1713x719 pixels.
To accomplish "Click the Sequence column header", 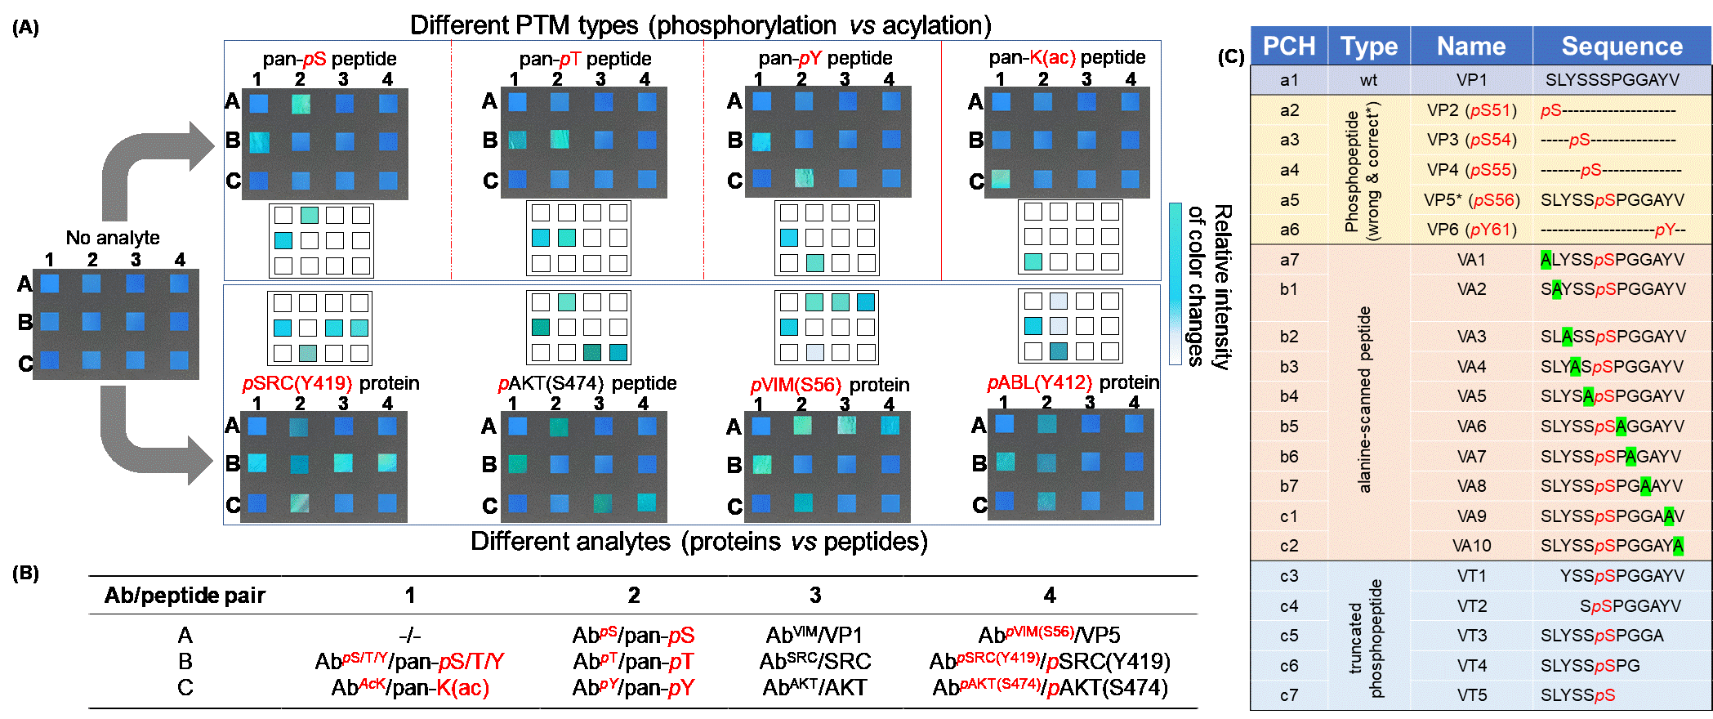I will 1622,46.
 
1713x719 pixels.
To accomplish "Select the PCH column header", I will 1288,46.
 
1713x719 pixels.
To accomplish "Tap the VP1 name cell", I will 1471,80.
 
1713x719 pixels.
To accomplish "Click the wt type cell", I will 1368,80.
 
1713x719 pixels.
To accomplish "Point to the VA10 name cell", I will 1471,546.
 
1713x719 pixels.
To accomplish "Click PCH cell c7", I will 1288,695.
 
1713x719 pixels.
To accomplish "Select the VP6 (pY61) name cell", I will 1471,230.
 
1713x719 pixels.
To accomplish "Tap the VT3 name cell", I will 1471,636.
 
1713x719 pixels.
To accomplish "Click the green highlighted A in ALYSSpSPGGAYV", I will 1546,260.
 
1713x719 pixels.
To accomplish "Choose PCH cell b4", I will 1288,396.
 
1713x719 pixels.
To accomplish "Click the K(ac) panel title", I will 1052,57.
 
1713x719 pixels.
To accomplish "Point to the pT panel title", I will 569,59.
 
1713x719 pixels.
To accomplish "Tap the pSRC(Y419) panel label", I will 297,383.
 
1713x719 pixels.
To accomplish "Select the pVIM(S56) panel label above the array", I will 795,385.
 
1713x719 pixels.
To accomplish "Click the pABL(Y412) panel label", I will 1039,382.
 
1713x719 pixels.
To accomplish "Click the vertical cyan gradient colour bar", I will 1175,283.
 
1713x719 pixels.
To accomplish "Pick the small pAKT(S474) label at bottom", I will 999,684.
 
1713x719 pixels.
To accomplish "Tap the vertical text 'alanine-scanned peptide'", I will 1364,400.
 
